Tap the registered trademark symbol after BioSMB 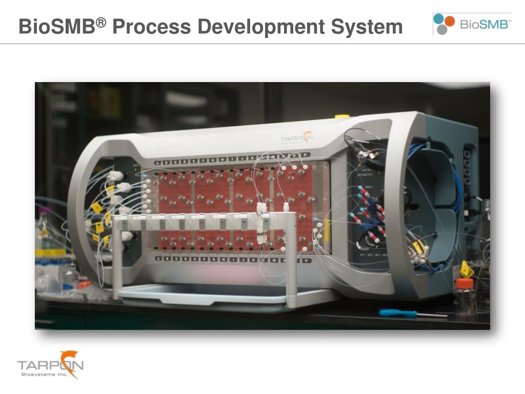coord(102,22)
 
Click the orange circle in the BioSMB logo coord(450,21)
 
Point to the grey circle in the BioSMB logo coord(442,29)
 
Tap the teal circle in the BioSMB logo coord(439,19)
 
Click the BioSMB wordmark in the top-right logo coord(484,24)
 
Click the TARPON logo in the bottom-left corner coord(50,364)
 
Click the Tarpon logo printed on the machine coord(297,138)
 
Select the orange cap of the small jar coord(464,283)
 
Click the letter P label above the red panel coord(305,155)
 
